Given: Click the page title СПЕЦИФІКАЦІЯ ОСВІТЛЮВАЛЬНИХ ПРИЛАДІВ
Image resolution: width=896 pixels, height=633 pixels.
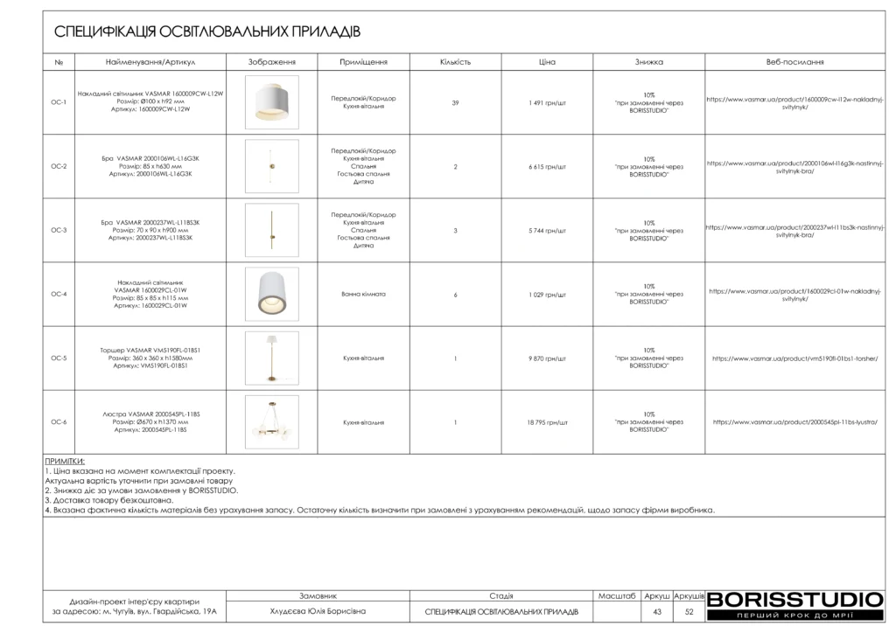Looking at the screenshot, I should click(x=207, y=32).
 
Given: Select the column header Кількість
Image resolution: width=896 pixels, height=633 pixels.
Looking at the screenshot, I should click(x=455, y=62).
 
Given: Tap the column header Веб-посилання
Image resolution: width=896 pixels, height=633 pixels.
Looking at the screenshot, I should click(x=794, y=62).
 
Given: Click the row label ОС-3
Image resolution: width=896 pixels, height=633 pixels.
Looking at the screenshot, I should click(x=59, y=231).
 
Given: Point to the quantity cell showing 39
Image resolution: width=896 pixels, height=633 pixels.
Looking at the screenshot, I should click(x=455, y=103).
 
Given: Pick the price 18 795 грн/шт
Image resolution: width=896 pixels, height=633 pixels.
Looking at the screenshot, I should click(x=548, y=422).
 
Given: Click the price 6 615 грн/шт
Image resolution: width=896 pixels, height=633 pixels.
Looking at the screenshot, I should click(x=548, y=167).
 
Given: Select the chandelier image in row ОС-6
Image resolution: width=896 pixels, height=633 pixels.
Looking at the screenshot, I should click(x=271, y=422).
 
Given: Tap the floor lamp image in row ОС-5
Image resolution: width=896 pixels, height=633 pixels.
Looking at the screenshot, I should click(x=271, y=358).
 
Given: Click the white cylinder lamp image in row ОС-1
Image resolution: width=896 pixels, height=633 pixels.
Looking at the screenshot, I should click(x=271, y=103).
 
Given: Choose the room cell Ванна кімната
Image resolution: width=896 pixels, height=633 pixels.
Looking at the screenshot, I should click(x=363, y=295).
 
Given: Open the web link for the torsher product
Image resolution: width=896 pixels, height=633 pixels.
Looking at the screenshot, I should click(x=794, y=358).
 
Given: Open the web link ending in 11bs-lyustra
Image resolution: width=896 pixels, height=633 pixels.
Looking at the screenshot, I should click(x=794, y=422).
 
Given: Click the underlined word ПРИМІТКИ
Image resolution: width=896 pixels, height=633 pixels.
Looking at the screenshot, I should click(x=65, y=461).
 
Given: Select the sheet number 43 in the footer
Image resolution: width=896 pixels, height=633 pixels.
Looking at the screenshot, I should click(x=657, y=612).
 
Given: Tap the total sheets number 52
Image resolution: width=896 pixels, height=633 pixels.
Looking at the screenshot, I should click(x=689, y=612).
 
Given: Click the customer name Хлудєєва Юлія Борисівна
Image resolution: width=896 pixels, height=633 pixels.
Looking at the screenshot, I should click(x=318, y=612).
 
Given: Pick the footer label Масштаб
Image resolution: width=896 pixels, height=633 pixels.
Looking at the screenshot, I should click(x=617, y=595).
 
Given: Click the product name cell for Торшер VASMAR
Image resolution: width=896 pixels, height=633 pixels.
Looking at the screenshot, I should click(x=150, y=358).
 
